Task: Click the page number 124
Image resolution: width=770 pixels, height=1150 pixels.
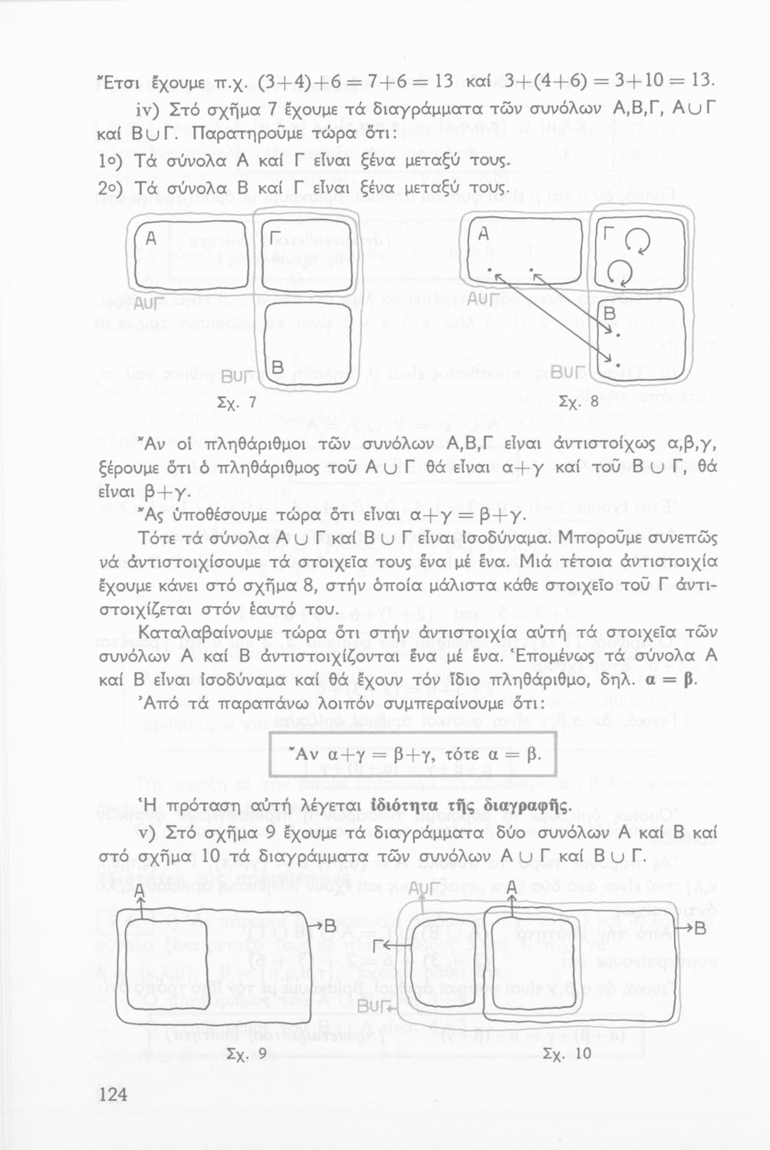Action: point(114,1094)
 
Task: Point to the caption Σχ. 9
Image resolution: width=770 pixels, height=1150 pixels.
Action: point(247,1054)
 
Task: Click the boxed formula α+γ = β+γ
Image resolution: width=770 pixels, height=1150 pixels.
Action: point(413,754)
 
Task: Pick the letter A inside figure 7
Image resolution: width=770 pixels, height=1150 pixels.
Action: point(151,239)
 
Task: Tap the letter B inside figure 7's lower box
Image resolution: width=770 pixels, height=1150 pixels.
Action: point(277,368)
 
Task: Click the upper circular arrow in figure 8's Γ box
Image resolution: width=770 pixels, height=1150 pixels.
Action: point(636,244)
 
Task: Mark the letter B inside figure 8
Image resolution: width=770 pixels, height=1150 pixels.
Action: point(610,314)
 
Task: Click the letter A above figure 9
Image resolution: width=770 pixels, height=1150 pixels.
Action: point(140,892)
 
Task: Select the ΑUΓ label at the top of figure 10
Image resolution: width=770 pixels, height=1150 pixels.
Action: point(424,889)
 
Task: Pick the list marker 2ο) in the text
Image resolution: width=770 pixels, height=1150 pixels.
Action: point(114,187)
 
